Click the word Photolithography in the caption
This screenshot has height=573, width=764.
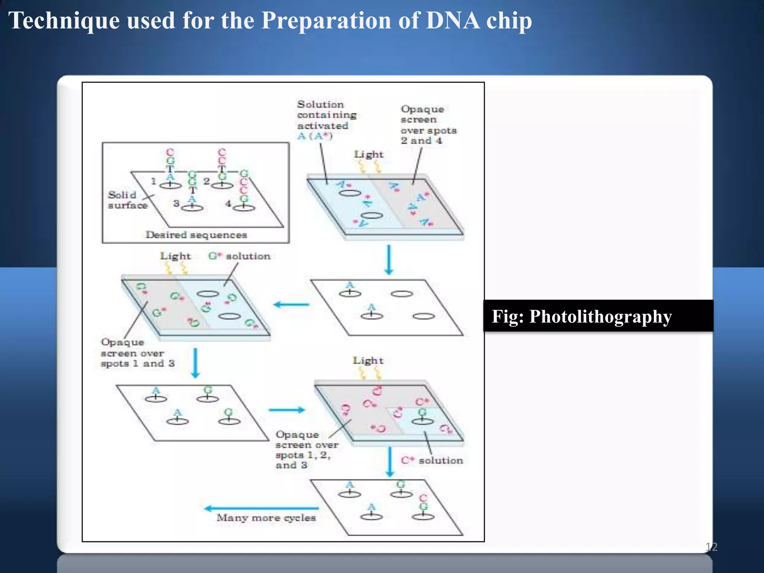click(x=600, y=316)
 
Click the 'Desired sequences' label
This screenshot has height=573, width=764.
click(x=196, y=235)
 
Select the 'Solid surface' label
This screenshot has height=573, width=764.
click(x=127, y=200)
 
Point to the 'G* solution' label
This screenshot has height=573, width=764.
click(x=239, y=256)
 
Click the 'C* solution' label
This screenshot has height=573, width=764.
click(x=432, y=460)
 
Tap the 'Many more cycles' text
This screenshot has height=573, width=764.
click(x=266, y=518)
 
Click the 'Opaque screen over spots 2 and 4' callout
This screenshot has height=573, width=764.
click(x=428, y=125)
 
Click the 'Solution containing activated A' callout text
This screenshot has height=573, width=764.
click(x=326, y=120)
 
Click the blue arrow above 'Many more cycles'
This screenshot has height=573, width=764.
click(x=261, y=508)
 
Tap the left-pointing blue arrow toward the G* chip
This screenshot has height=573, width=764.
click(x=291, y=305)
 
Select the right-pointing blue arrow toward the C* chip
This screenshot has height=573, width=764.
click(x=286, y=410)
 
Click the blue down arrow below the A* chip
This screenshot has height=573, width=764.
click(x=389, y=260)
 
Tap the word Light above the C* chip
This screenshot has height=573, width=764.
click(x=368, y=360)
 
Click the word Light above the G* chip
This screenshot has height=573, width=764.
click(x=175, y=256)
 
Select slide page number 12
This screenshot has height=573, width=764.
click(x=711, y=547)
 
